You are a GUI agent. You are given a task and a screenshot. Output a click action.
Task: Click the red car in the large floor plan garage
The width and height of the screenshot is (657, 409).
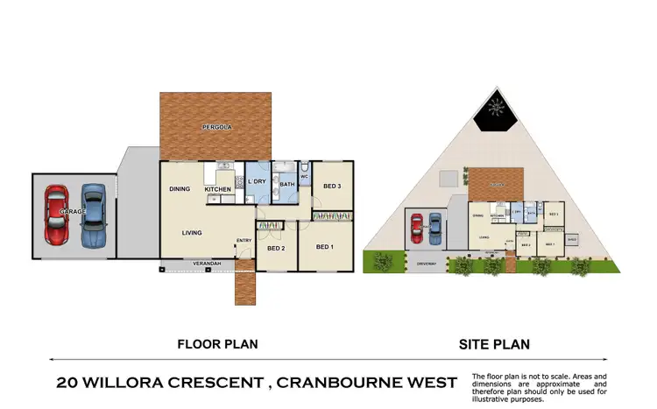click(56, 215)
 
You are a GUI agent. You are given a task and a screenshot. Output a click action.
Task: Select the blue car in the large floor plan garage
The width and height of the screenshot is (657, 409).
click(94, 215)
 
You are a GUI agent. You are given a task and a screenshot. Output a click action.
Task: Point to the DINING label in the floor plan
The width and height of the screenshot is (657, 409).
click(180, 189)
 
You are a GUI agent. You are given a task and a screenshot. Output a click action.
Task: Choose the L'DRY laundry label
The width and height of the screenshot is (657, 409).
click(258, 182)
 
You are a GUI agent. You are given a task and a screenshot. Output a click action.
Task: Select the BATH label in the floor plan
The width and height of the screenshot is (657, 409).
click(286, 185)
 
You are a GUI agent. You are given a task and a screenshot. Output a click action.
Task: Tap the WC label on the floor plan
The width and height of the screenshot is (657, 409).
click(304, 178)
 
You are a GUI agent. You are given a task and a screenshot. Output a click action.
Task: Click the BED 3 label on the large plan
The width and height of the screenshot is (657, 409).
click(332, 186)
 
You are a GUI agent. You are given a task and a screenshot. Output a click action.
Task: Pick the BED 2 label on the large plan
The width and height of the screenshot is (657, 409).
click(277, 248)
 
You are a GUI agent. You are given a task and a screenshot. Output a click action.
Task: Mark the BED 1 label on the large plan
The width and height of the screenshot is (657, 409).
click(326, 248)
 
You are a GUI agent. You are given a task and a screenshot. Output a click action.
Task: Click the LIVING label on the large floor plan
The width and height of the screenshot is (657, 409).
click(193, 233)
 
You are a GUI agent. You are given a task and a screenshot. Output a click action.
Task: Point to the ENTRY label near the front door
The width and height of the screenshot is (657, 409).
click(244, 242)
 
